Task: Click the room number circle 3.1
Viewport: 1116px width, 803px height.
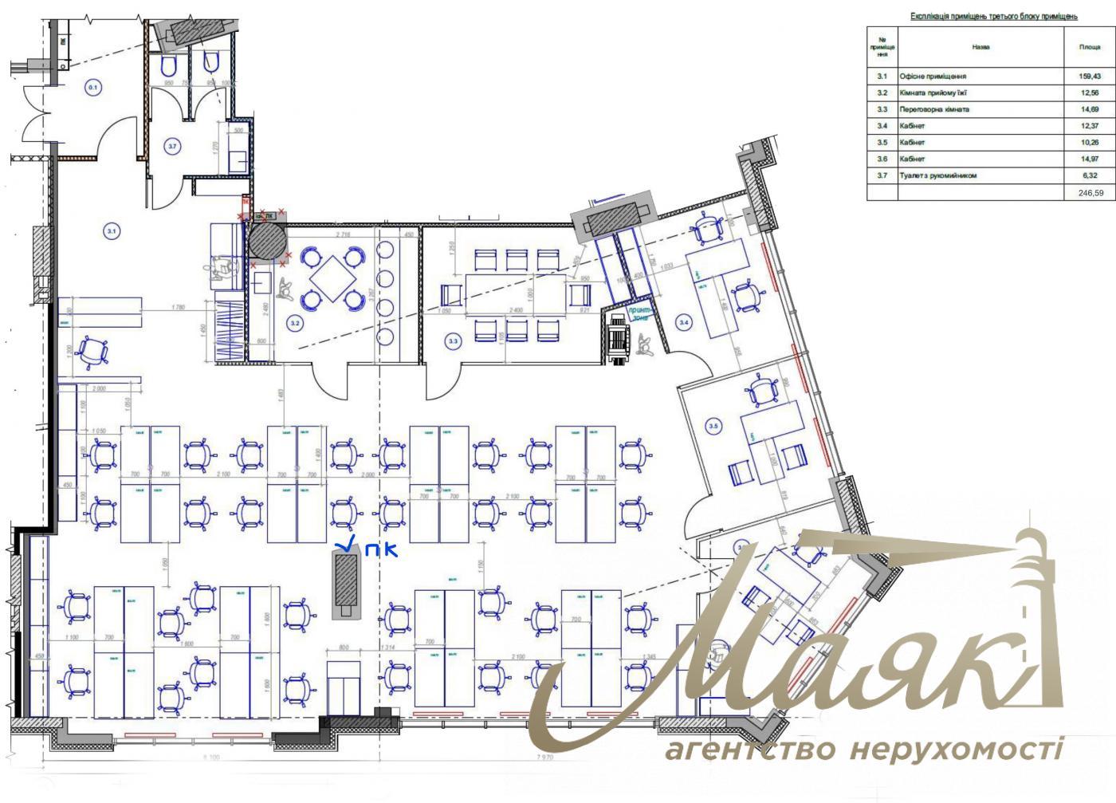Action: coord(112,231)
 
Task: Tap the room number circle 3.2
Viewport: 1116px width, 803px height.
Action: coord(295,324)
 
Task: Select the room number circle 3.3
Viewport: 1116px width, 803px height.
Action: coord(453,341)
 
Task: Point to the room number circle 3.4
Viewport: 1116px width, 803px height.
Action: coord(683,322)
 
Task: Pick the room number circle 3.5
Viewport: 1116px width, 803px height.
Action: coord(713,427)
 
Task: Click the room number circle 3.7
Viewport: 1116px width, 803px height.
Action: coord(173,145)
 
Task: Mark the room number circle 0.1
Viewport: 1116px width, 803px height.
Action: coord(92,87)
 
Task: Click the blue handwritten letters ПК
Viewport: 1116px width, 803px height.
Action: coord(379,549)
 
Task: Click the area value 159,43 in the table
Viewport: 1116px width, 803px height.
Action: coord(1090,77)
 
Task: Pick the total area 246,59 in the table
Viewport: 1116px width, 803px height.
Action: coord(1090,192)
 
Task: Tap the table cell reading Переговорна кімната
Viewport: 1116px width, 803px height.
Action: coord(933,109)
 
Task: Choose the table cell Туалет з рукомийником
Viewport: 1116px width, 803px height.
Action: coord(937,175)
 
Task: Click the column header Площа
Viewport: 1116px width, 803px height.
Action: coord(1090,47)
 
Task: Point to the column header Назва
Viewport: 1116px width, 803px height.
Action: coord(980,47)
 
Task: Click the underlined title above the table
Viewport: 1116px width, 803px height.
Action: coord(993,16)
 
